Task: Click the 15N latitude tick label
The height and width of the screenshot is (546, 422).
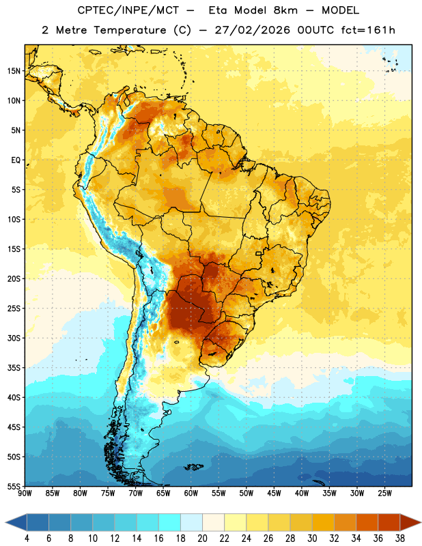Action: click(x=14, y=71)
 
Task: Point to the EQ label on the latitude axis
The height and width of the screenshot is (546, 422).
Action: click(x=16, y=160)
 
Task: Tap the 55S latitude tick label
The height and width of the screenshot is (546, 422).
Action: click(x=14, y=486)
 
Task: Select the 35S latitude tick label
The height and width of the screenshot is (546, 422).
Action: click(x=14, y=368)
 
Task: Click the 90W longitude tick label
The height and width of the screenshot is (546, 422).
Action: click(x=25, y=493)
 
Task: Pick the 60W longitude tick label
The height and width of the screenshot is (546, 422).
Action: click(x=191, y=493)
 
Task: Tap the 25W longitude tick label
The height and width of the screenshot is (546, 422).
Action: click(x=384, y=493)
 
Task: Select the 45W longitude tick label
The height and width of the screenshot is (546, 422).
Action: click(x=274, y=493)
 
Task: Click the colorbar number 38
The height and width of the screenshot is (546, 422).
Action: click(x=400, y=538)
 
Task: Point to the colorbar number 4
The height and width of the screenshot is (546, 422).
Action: click(x=27, y=538)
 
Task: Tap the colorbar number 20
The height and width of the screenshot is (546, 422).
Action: click(x=202, y=538)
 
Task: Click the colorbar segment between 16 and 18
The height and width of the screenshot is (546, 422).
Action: click(x=170, y=523)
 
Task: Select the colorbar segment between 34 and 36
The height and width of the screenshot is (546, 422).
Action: click(x=367, y=523)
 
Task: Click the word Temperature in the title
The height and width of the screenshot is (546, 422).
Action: click(x=130, y=30)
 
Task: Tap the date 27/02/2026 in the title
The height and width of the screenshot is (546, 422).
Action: click(x=252, y=30)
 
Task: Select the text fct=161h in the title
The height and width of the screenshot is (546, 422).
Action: click(x=368, y=30)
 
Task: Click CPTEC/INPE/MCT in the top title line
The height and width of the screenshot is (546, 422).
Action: click(x=128, y=11)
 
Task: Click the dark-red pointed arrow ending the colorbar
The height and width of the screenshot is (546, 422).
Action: click(x=410, y=523)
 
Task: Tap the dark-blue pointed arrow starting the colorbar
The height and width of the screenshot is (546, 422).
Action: click(x=16, y=523)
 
